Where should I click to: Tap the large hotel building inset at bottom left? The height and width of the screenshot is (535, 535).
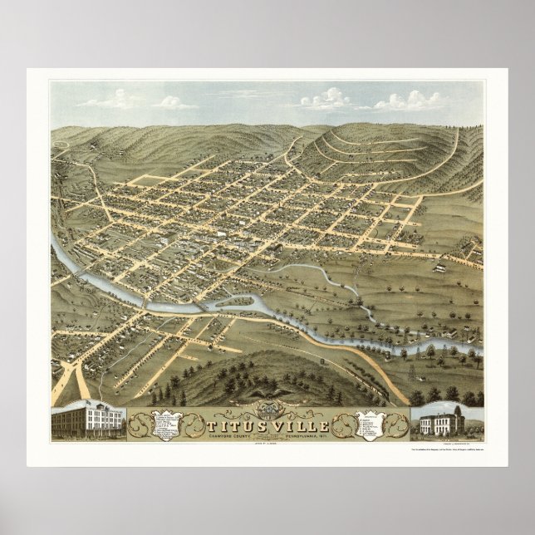[87, 421]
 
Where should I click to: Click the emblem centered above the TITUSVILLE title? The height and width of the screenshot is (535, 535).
[267, 405]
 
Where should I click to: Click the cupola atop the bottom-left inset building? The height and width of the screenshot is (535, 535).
[90, 402]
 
